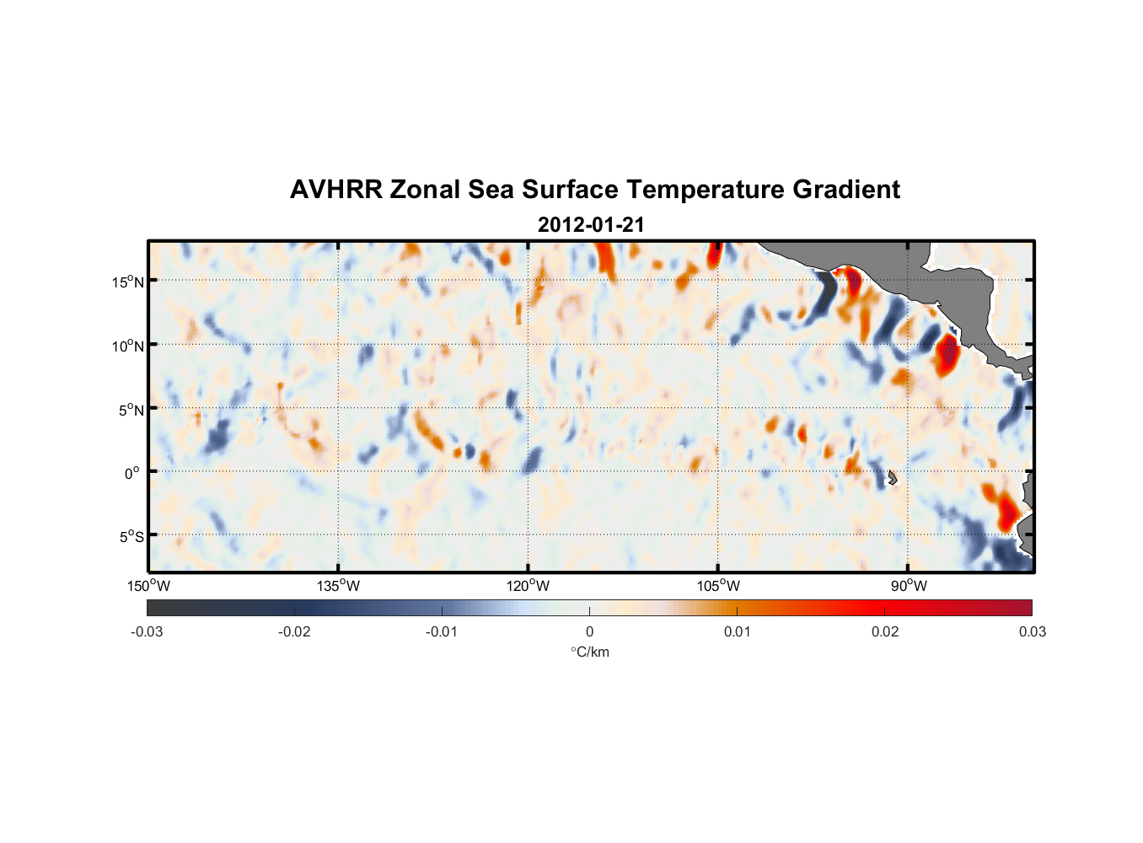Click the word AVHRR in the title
click(x=335, y=190)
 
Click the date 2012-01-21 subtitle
click(x=591, y=225)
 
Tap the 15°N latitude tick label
click(x=128, y=282)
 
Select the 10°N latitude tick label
click(x=128, y=346)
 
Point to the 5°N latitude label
click(x=131, y=410)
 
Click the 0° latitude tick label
click(x=132, y=474)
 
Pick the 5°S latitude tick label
click(x=131, y=537)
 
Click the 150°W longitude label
click(x=149, y=586)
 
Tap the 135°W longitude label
click(x=339, y=586)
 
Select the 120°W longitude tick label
click(x=529, y=586)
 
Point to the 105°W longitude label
click(x=718, y=586)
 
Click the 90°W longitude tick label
click(x=909, y=586)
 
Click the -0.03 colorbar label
click(x=147, y=632)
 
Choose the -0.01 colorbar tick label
click(x=442, y=632)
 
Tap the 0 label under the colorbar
click(x=589, y=632)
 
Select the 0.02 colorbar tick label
click(x=885, y=632)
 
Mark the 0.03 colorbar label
click(x=1032, y=632)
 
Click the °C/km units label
click(x=590, y=652)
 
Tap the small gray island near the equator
click(x=892, y=477)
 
